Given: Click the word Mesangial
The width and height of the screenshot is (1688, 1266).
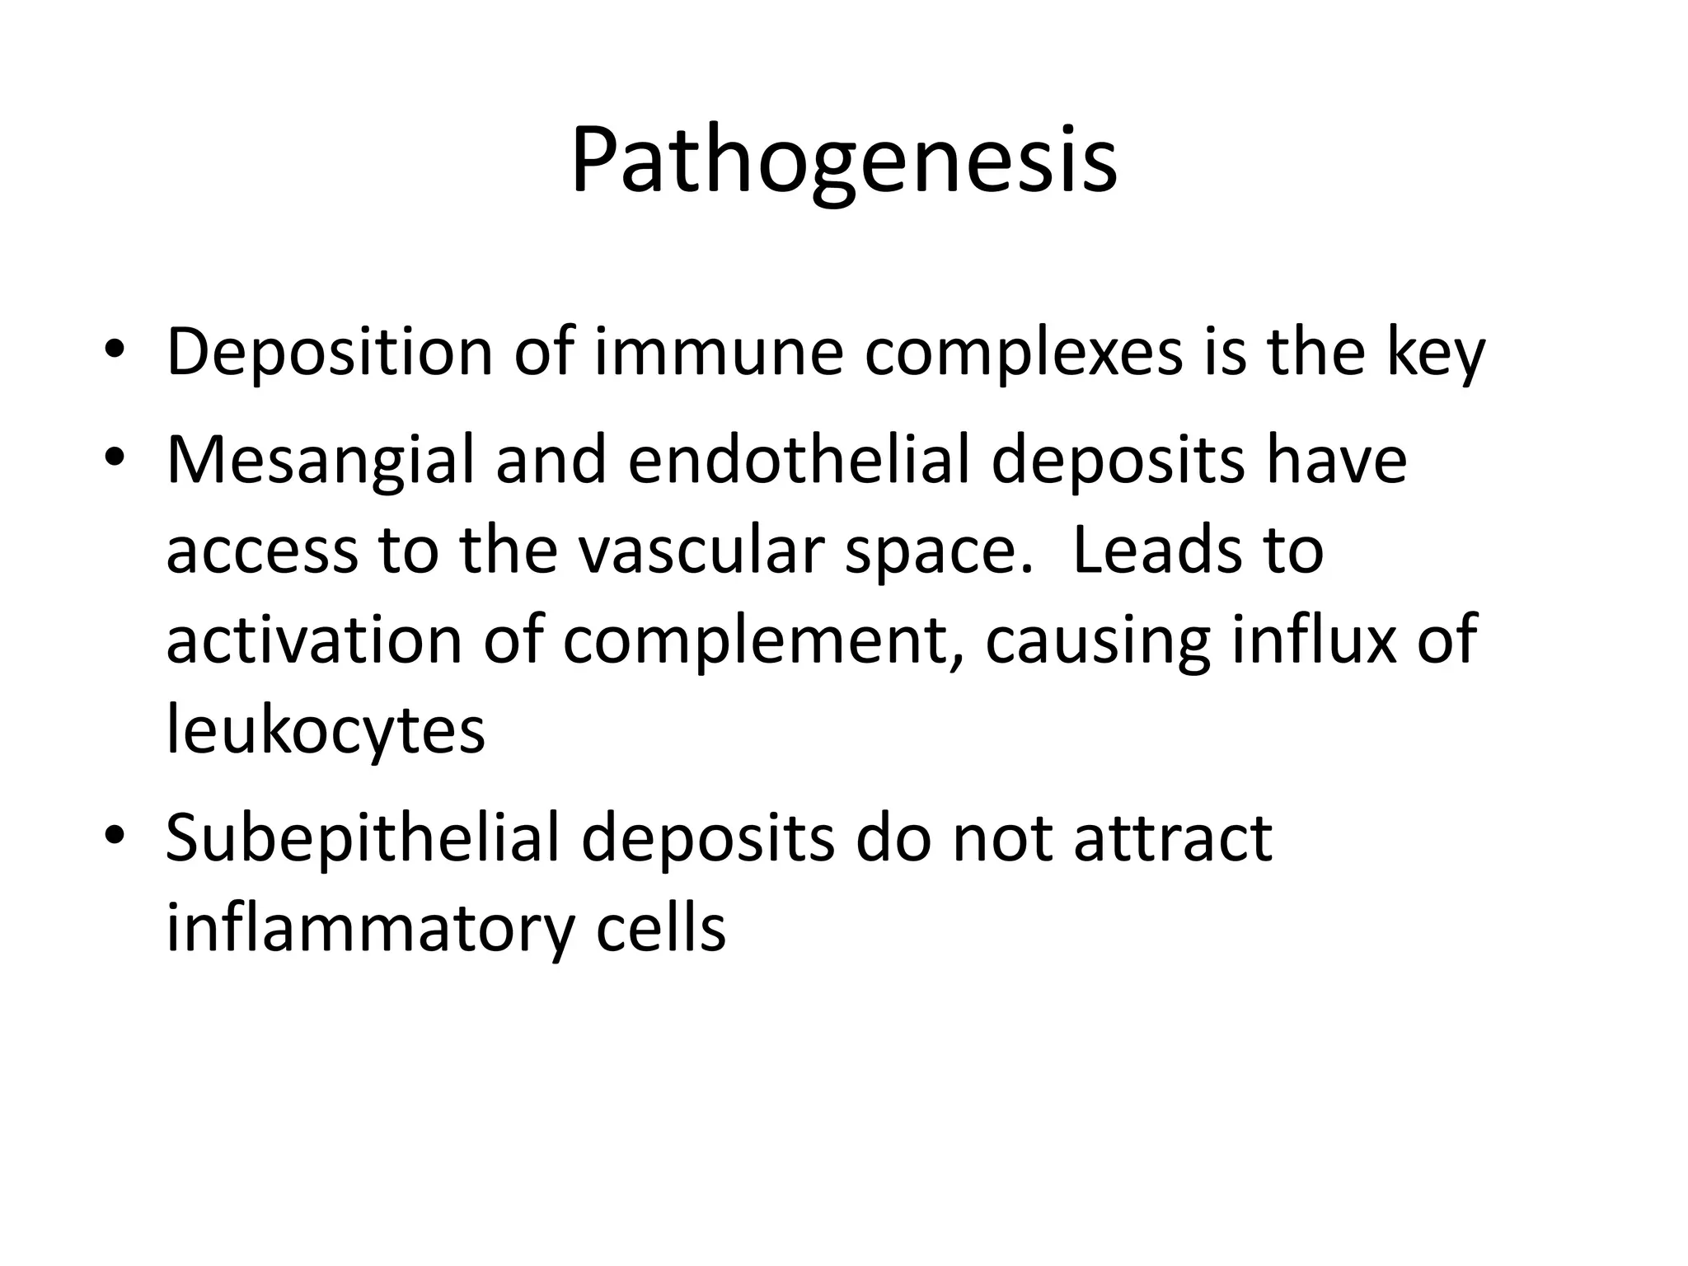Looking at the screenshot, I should (320, 460).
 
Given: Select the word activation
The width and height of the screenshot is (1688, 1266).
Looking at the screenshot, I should (313, 640).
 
